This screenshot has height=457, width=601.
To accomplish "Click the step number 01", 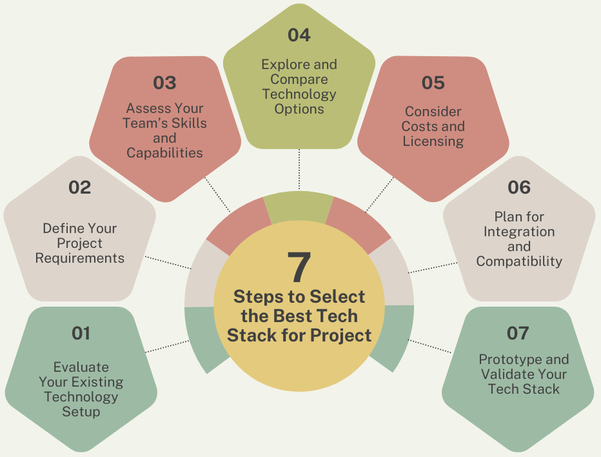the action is tap(81, 333).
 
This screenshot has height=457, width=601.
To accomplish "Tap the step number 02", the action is tap(80, 187).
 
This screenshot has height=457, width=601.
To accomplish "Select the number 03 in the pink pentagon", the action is tap(165, 83).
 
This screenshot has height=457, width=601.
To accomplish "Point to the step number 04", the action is tap(299, 35).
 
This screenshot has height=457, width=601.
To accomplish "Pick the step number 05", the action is tap(433, 83).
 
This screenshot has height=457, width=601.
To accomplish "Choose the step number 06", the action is tap(519, 187).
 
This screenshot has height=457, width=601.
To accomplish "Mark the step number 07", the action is tap(518, 333).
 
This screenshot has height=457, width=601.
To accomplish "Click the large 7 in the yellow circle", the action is tap(299, 267).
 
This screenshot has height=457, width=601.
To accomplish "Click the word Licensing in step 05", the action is tap(433, 141).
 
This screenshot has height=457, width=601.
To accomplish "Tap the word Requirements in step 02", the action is tap(80, 258).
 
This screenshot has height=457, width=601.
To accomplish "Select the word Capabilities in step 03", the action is tap(164, 153).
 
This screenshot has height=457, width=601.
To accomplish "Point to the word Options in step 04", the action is tap(299, 109).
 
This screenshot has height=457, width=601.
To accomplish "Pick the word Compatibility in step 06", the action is tap(519, 261).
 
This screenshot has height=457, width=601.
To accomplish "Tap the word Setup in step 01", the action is tap(81, 412).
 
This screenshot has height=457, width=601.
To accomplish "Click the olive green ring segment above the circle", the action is tap(299, 207).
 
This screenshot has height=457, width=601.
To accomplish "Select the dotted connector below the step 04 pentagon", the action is tap(299, 169).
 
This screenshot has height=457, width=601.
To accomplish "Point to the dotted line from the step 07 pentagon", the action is tap(429, 346).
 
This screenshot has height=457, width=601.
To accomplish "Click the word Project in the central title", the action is tap(340, 336).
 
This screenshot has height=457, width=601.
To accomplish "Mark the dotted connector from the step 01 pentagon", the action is tap(167, 346).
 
